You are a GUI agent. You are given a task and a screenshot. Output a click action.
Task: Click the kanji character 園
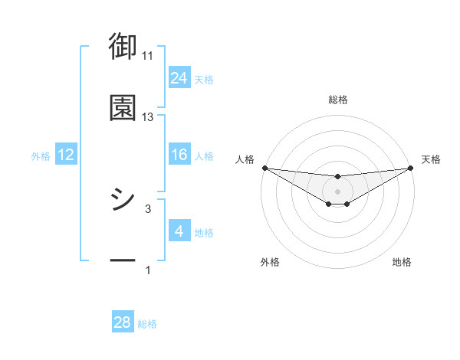[123, 109]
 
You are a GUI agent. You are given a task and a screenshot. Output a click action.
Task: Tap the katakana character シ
[123, 201]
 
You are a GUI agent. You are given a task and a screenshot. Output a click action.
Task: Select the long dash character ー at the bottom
[123, 262]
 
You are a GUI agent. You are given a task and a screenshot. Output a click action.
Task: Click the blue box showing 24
[179, 78]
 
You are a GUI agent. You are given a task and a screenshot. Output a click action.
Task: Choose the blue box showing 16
[179, 155]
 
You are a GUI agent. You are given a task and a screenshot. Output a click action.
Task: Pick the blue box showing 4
[179, 231]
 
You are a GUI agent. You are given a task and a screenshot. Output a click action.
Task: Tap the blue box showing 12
[66, 155]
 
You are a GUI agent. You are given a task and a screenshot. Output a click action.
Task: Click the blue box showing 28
[123, 322]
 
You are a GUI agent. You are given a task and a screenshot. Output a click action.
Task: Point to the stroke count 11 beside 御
[148, 56]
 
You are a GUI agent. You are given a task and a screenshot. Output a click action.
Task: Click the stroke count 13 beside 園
[148, 117]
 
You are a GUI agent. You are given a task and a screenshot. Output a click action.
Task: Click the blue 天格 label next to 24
[204, 80]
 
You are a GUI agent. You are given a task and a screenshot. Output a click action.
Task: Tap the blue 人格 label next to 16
[204, 156]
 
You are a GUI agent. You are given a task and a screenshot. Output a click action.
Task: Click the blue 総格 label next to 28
[147, 324]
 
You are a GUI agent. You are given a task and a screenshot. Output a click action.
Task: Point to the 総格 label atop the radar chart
[338, 100]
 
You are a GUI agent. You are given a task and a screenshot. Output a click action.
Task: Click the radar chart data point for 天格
[412, 168]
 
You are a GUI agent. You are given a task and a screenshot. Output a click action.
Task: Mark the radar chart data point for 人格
[264, 168]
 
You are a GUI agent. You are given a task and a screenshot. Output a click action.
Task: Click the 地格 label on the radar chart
[402, 262]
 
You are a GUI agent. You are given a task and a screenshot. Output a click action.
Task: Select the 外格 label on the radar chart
[270, 262]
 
